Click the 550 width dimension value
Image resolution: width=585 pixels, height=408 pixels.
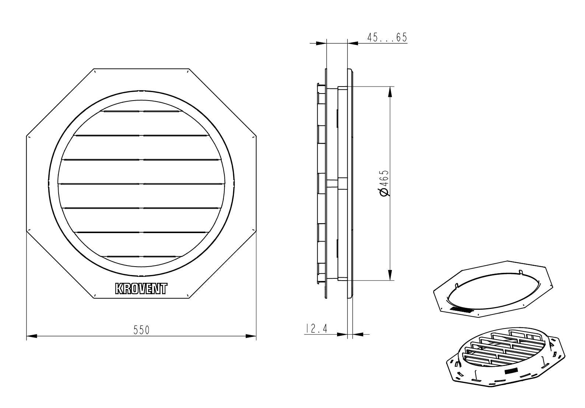click(141, 330)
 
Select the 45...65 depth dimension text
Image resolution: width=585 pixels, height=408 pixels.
click(387, 38)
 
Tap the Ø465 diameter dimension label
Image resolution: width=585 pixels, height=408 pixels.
click(385, 183)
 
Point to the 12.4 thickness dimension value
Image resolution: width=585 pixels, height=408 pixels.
click(316, 328)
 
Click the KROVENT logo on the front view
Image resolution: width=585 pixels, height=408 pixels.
click(141, 289)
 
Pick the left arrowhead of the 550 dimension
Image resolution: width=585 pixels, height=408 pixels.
click(32, 336)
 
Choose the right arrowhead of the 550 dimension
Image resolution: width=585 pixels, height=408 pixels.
click(251, 336)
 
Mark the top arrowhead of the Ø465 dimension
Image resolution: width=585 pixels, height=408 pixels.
click(390, 92)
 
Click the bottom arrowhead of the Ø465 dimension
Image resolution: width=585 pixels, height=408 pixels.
click(390, 275)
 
